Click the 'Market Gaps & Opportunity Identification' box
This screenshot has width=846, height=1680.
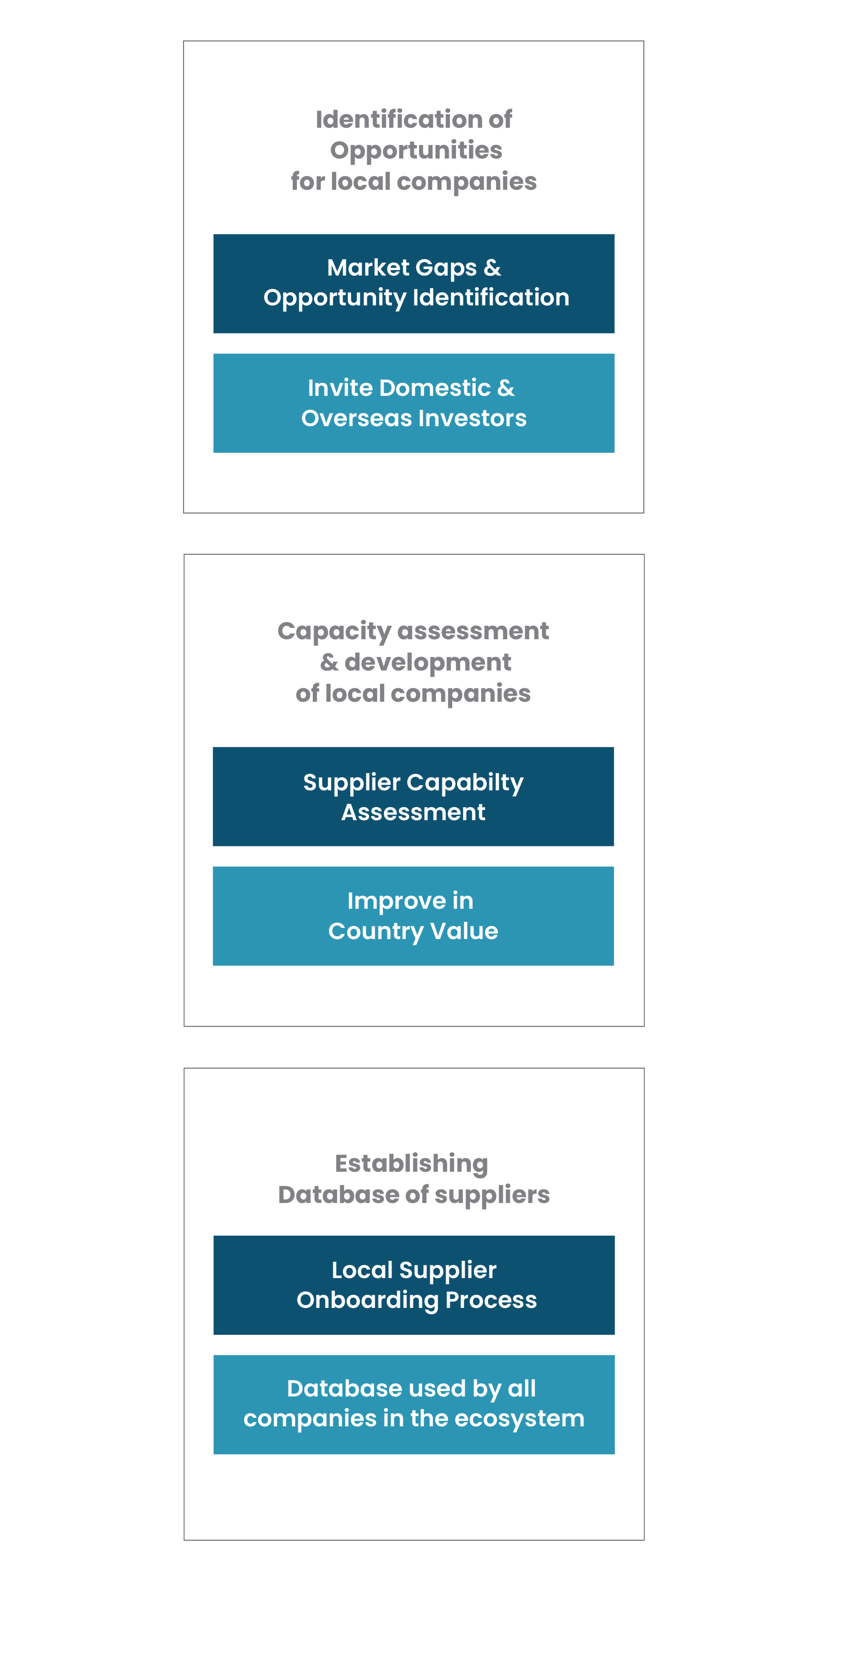tap(413, 283)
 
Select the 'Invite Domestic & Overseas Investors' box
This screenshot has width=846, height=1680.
tap(413, 403)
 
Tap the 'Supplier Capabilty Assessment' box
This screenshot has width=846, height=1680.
tap(413, 796)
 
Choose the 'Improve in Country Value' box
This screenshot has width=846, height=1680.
tap(413, 916)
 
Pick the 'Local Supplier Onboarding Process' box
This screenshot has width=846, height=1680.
tap(414, 1285)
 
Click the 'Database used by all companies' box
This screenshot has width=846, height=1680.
tap(414, 1404)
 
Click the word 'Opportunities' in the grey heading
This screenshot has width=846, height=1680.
tap(416, 151)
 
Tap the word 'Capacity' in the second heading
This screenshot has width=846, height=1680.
tap(334, 632)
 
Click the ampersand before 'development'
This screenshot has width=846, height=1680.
tap(329, 663)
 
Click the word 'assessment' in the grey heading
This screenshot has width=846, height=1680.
tap(473, 631)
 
